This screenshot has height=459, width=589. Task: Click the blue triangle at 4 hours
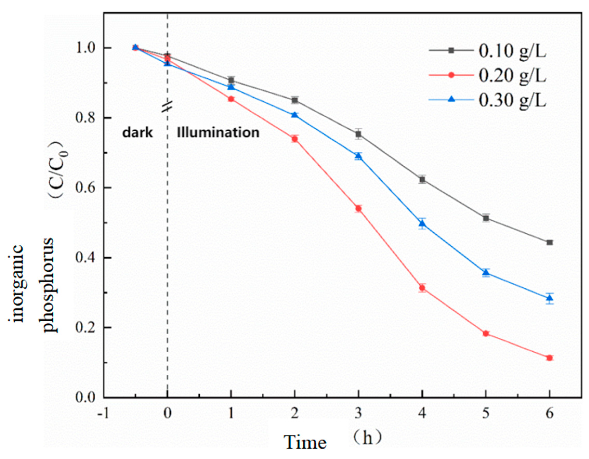pos(422,224)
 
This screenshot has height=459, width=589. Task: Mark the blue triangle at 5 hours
pos(486,273)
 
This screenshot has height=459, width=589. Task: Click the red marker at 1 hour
pos(231,99)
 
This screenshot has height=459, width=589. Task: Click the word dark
pos(137,133)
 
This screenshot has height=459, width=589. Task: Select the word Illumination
pos(218,133)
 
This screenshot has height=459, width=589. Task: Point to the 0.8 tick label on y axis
pos(86,118)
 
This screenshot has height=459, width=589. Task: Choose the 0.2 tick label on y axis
pos(86,328)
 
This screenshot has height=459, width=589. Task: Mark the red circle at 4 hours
pos(422,288)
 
